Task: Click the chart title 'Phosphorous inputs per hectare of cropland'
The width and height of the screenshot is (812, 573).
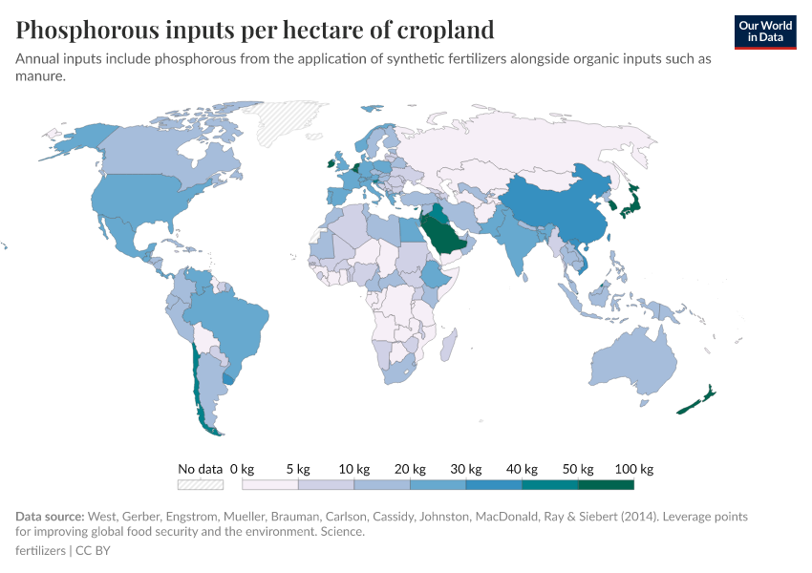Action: (255, 30)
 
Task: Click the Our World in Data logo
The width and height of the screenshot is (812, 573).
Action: (765, 32)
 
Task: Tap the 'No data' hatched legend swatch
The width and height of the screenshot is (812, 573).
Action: (200, 485)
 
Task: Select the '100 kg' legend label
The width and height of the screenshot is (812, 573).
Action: (633, 469)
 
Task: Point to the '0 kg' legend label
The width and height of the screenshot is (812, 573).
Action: (242, 469)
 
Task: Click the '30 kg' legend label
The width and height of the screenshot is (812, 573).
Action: (465, 469)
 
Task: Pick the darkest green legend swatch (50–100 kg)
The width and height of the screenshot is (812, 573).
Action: (606, 485)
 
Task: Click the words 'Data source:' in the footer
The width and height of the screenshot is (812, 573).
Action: (50, 517)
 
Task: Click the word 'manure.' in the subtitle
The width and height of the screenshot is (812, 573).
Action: (40, 75)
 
